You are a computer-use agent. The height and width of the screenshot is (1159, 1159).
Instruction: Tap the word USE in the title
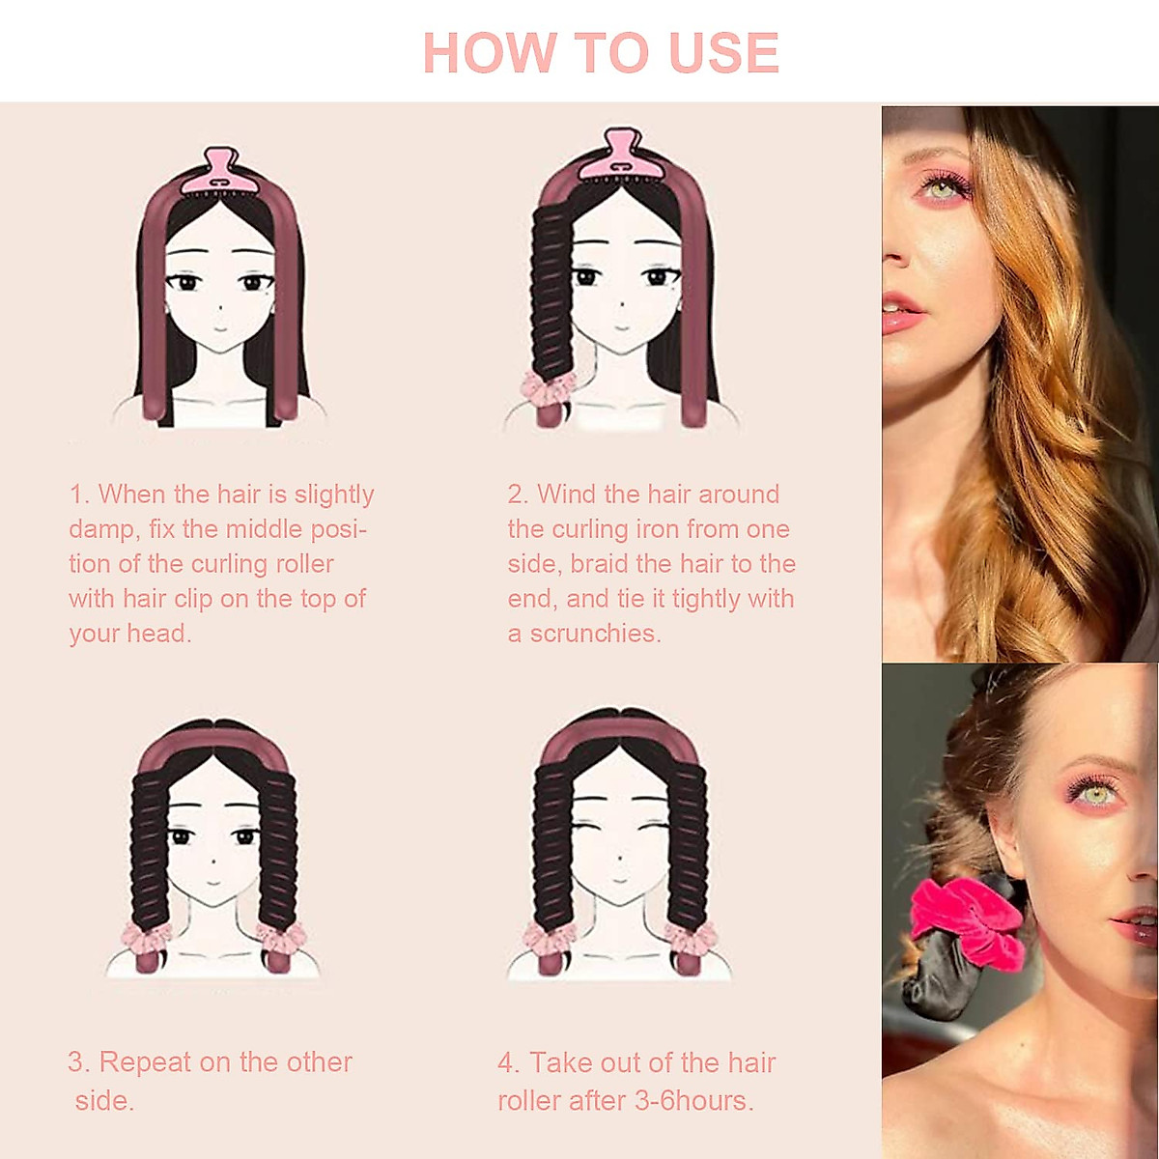pos(723,53)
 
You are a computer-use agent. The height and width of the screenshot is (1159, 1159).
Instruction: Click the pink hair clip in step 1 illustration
pos(221,172)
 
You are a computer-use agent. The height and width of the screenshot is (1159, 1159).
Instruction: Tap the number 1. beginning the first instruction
pos(79,495)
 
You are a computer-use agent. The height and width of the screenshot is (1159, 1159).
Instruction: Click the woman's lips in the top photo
pos(900,313)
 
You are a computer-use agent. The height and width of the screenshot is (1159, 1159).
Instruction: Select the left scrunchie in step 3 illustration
pos(145,937)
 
